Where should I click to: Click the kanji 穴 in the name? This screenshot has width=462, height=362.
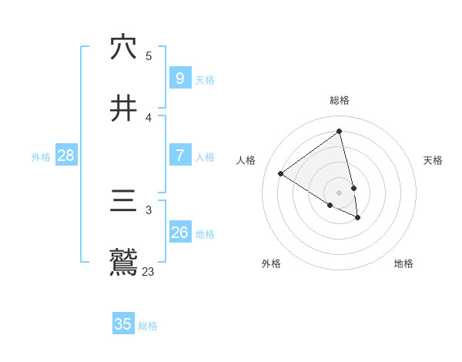pyautogui.click(x=123, y=48)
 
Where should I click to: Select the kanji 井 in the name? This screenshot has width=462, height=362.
pyautogui.click(x=123, y=109)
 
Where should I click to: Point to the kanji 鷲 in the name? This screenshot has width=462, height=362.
pyautogui.click(x=123, y=263)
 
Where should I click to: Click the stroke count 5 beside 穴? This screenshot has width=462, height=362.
pyautogui.click(x=149, y=55)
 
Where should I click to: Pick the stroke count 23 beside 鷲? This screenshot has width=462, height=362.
pyautogui.click(x=148, y=271)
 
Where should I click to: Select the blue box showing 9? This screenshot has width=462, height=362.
pyautogui.click(x=179, y=79)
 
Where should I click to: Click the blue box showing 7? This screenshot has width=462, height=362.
pyautogui.click(x=179, y=156)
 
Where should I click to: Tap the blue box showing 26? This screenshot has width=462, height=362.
pyautogui.click(x=179, y=232)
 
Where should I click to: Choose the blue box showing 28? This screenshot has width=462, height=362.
pyautogui.click(x=65, y=156)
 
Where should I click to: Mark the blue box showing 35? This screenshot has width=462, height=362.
pyautogui.click(x=123, y=324)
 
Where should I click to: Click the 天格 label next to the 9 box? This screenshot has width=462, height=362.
pyautogui.click(x=205, y=80)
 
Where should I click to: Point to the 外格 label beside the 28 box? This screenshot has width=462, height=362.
pyautogui.click(x=41, y=157)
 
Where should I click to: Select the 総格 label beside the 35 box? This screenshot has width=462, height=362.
pyautogui.click(x=148, y=326)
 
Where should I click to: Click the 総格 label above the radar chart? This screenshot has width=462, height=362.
pyautogui.click(x=340, y=100)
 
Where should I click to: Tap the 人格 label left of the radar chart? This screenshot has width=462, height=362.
pyautogui.click(x=246, y=160)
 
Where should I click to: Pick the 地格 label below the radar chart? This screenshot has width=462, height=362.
pyautogui.click(x=403, y=263)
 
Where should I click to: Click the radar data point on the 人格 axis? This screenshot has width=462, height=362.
pyautogui.click(x=281, y=173)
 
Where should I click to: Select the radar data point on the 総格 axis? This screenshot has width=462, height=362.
pyautogui.click(x=339, y=131)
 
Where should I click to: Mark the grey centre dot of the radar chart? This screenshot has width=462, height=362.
pyautogui.click(x=340, y=193)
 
